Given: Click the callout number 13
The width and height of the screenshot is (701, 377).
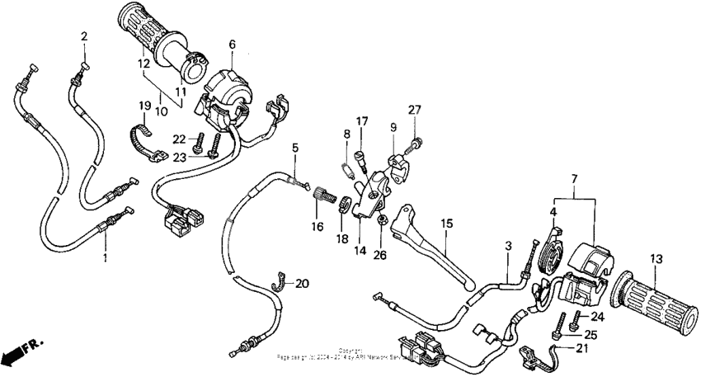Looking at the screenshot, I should click(x=656, y=259).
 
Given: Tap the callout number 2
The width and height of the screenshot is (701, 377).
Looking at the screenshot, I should click(x=84, y=35).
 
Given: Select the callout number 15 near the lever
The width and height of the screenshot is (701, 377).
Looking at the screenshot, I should click(x=446, y=224).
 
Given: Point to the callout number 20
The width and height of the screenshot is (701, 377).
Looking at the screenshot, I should click(x=302, y=283).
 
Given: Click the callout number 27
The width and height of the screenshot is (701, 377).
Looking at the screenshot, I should click(x=415, y=109).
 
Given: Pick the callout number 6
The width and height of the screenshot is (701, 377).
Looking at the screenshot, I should click(x=232, y=44).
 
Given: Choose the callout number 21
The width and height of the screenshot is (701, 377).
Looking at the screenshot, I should click(x=575, y=178).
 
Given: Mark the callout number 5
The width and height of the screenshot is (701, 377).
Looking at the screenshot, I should click(x=294, y=148).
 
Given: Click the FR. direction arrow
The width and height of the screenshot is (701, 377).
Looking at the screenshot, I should click(x=18, y=353).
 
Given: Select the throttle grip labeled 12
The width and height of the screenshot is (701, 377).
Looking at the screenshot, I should click(x=157, y=37).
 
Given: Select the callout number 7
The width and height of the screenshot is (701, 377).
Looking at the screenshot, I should click(x=575, y=178).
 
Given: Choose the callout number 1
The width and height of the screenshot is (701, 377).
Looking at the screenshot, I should click(x=106, y=258).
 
